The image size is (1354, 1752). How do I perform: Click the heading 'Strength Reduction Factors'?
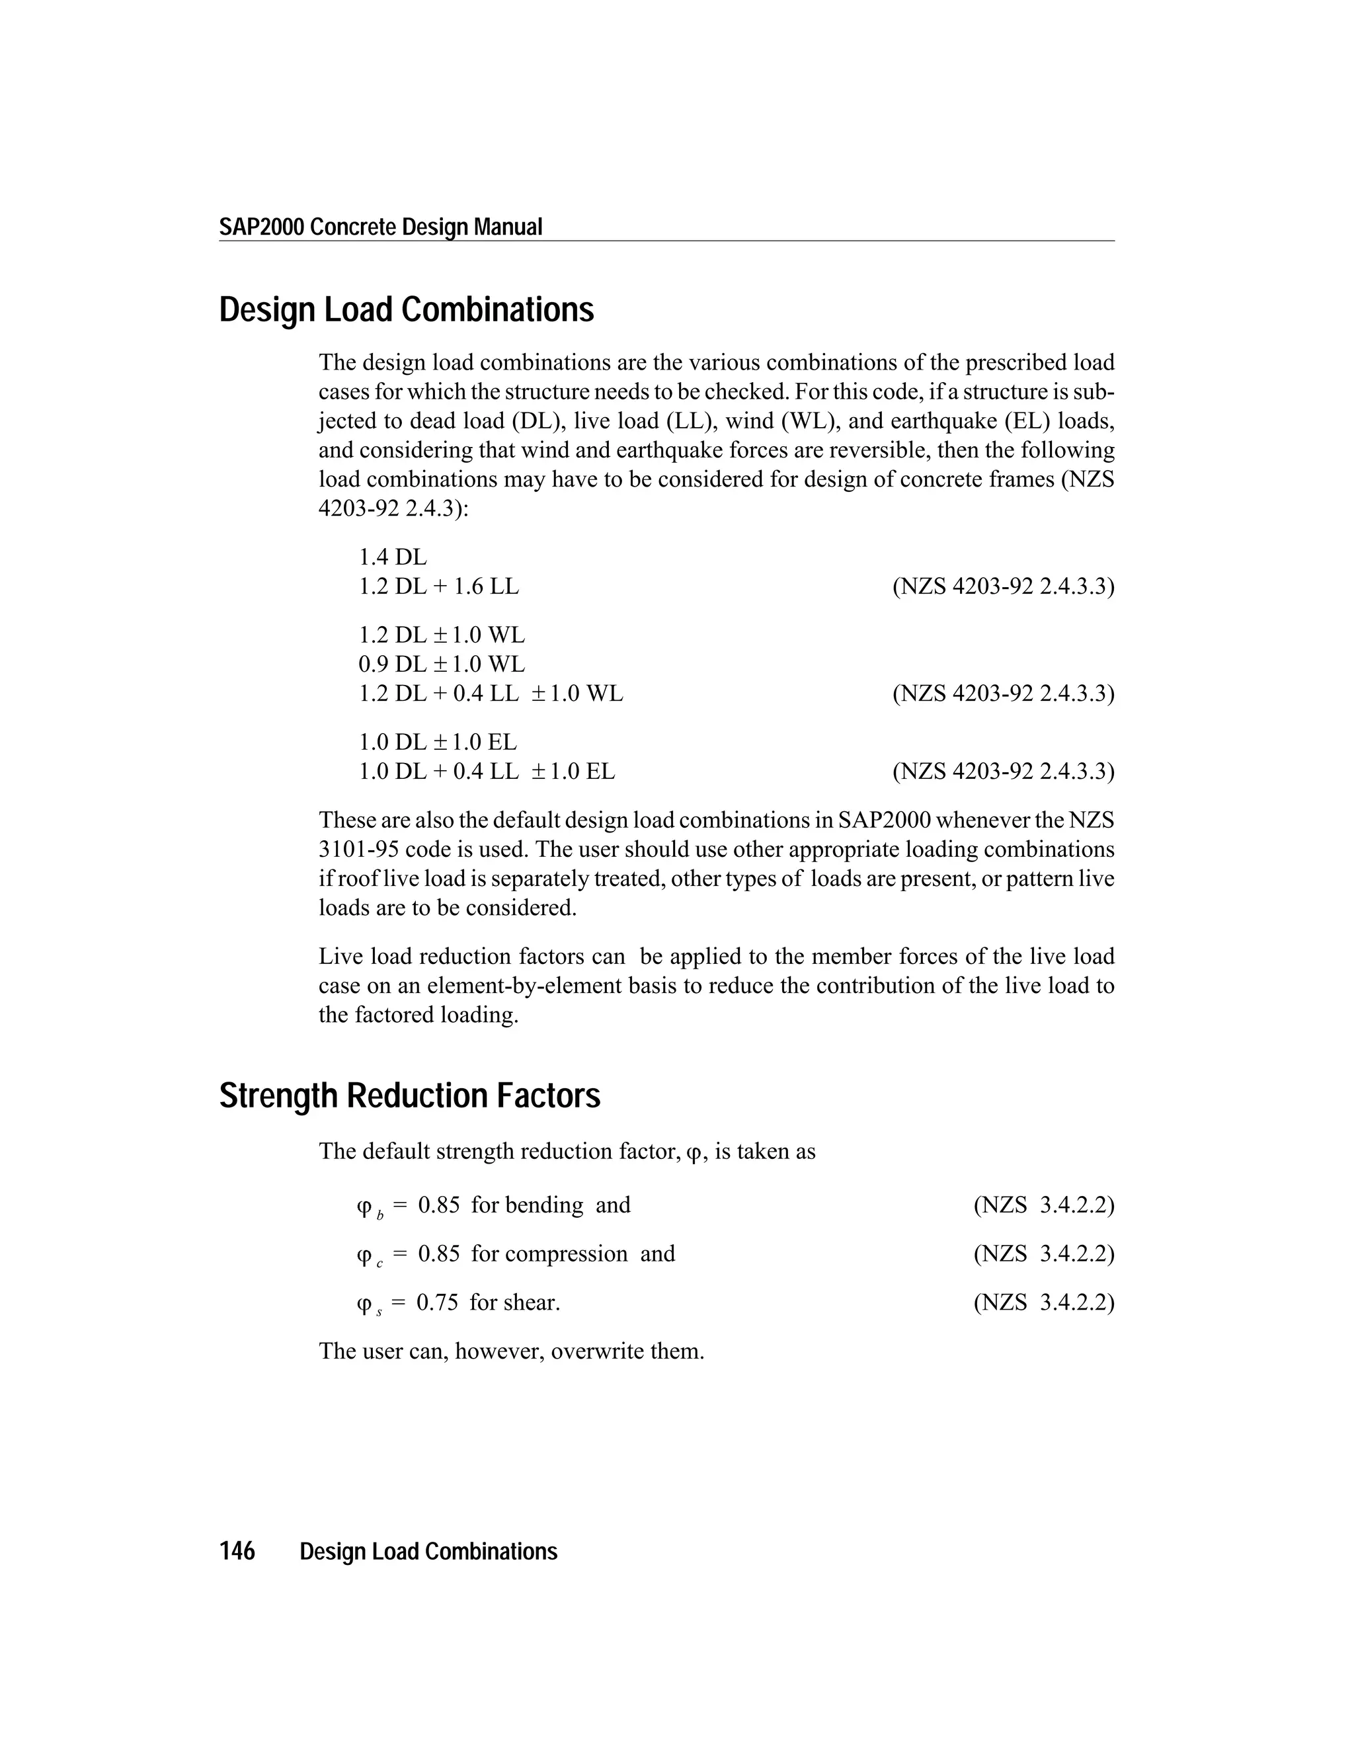(409, 1095)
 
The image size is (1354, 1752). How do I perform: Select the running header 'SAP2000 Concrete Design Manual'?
(381, 227)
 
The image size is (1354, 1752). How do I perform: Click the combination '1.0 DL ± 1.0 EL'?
(437, 741)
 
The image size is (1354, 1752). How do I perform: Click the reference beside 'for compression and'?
(1043, 1253)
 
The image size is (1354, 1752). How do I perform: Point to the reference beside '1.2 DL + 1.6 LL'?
(1003, 586)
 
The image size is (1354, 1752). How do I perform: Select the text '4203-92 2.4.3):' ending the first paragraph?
(393, 508)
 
